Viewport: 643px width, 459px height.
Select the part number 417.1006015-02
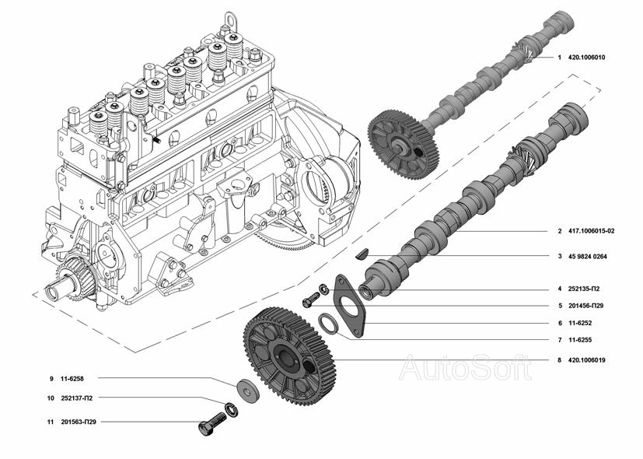point(592,231)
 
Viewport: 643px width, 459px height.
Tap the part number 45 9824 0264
point(587,257)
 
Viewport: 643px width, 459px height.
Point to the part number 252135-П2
point(584,289)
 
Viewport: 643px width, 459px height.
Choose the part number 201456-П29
point(585,306)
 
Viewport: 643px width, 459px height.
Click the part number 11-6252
point(580,323)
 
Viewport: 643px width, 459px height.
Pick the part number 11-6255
point(580,340)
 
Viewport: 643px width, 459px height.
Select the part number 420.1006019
point(586,360)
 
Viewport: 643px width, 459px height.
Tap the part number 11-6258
point(72,379)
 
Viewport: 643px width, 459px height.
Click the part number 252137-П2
point(77,398)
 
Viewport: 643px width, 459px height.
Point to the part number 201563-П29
point(79,421)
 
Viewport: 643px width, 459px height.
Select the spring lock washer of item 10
point(231,410)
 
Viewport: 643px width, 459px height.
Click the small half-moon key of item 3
point(362,254)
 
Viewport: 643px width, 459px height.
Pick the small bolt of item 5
point(311,300)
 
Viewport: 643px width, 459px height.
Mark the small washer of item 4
point(324,289)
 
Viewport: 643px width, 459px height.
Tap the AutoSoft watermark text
point(466,367)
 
